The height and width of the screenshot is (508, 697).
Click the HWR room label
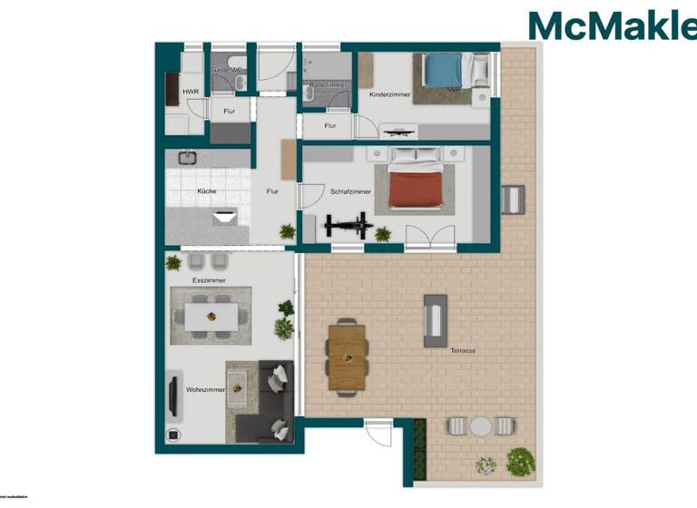point(191,93)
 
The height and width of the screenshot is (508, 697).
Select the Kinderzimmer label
point(390,94)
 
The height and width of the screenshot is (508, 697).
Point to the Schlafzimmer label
point(350,192)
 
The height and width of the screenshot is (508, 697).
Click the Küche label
point(207,192)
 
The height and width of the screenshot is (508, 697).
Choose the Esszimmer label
point(209,281)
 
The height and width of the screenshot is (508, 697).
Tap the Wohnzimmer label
point(205,390)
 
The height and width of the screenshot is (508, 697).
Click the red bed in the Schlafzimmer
point(417,189)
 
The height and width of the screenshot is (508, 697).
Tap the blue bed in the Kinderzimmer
point(445,70)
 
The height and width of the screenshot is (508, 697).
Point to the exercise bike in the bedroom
point(348,224)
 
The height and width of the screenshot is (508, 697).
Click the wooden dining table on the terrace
point(346,357)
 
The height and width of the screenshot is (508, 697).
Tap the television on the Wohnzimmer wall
point(172,396)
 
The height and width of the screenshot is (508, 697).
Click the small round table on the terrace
point(480,425)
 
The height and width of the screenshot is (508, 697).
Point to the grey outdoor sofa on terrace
point(436,320)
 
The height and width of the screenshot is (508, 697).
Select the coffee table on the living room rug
point(238,388)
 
